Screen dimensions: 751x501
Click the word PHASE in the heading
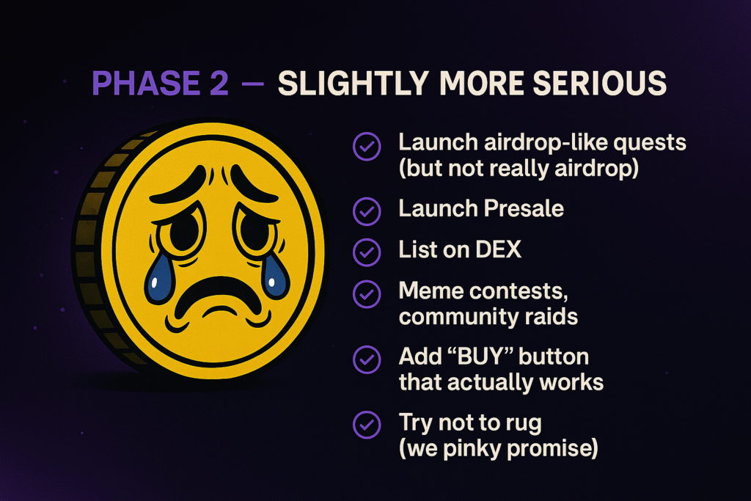coord(146,83)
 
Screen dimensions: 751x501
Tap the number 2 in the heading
coord(219,83)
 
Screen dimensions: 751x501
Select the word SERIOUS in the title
coord(600,83)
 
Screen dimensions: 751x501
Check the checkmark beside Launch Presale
coord(367,211)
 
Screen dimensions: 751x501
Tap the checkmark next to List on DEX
coord(367,252)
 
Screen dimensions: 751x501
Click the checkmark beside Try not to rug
coord(367,425)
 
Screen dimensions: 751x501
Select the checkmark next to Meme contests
coord(367,294)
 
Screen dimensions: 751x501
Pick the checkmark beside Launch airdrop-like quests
coord(367,146)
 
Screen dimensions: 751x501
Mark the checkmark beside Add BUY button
coord(367,359)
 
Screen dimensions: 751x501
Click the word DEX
coord(499,249)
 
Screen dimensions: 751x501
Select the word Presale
coord(524,208)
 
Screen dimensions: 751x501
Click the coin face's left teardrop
coord(159,279)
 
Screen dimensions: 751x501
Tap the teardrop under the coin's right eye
coord(274,277)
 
